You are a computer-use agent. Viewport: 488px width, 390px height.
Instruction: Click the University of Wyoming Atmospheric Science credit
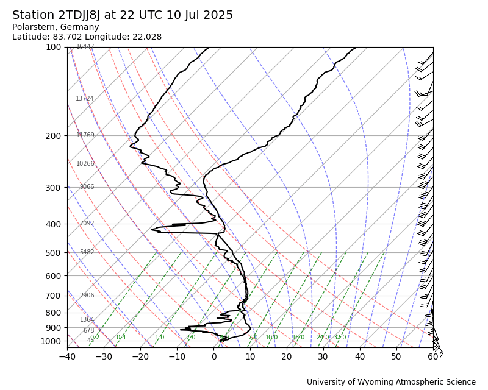pyautogui.click(x=391, y=382)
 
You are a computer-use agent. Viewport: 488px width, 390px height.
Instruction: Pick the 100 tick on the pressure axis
pyautogui.click(x=53, y=47)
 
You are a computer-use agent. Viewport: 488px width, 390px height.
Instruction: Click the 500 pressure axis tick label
pyautogui.click(x=53, y=253)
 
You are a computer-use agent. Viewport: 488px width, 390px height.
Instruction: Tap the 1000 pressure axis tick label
pyautogui.click(x=51, y=341)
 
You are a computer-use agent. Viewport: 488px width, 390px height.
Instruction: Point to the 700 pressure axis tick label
pyautogui.click(x=53, y=296)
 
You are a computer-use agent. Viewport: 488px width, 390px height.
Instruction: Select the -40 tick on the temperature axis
pyautogui.click(x=67, y=356)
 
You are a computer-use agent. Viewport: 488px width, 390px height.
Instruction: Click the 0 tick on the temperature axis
pyautogui.click(x=213, y=356)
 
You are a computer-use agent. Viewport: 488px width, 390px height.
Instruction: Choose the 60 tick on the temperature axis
pyautogui.click(x=433, y=356)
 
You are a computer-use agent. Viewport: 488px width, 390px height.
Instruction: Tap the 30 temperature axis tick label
pyautogui.click(x=323, y=356)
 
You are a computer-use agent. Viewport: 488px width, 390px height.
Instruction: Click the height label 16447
pyautogui.click(x=85, y=47)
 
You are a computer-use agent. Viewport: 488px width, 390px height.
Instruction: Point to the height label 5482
pyautogui.click(x=87, y=252)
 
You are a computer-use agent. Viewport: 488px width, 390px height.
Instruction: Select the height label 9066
pyautogui.click(x=87, y=187)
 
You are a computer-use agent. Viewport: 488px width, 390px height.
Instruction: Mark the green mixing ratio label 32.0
pyautogui.click(x=340, y=338)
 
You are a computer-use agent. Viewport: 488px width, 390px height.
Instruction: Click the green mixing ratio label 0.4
pyautogui.click(x=121, y=338)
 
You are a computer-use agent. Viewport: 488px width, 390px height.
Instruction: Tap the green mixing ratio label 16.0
pyautogui.click(x=298, y=338)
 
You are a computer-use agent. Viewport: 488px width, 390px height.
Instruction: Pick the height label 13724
pyautogui.click(x=85, y=99)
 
